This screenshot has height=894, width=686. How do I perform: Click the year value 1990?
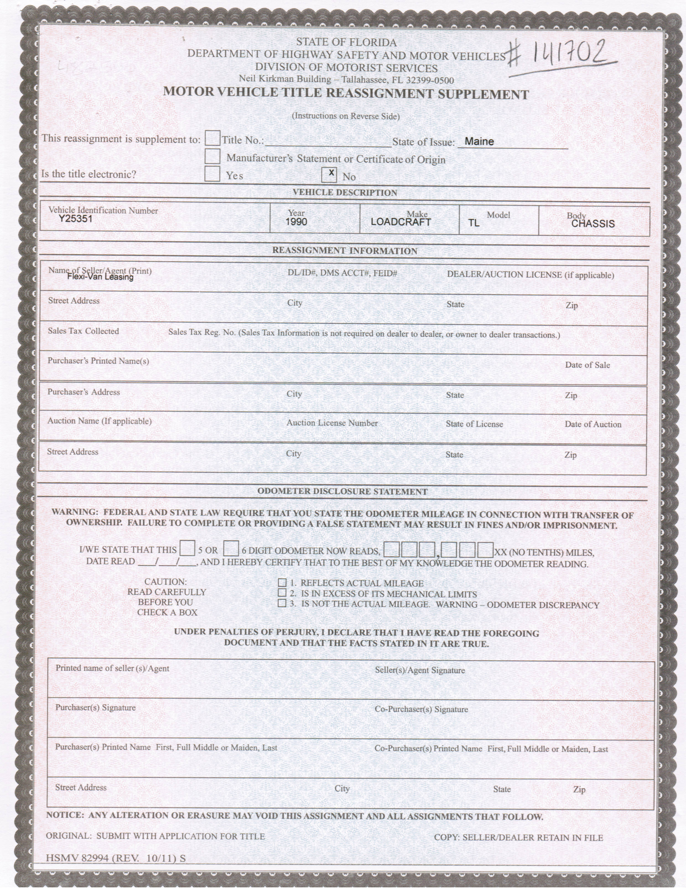(x=297, y=222)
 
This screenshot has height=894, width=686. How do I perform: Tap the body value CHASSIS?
(x=593, y=223)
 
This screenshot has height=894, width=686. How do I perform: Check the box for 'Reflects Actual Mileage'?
(x=282, y=583)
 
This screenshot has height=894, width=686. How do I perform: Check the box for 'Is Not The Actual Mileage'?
(x=282, y=604)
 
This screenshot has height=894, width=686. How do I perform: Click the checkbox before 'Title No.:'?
(x=213, y=138)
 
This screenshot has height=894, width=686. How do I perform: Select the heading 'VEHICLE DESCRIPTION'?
(x=345, y=193)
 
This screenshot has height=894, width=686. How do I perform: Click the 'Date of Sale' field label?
(x=587, y=365)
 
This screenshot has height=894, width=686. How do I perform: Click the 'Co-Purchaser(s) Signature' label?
(x=421, y=709)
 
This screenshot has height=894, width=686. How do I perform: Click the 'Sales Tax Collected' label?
(x=83, y=331)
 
